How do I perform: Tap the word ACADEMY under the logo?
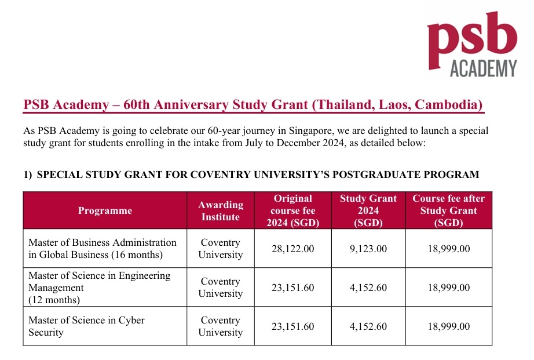[x=483, y=68]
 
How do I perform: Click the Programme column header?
[x=105, y=210]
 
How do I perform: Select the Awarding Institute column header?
[x=220, y=210]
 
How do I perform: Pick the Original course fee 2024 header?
[x=292, y=210]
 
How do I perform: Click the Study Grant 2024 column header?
[x=368, y=210]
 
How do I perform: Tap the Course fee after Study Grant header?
[x=448, y=210]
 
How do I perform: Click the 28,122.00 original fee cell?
[x=292, y=249]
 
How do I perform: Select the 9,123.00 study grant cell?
[x=368, y=249]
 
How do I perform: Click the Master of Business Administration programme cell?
[x=103, y=249]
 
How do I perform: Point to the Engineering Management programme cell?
[x=100, y=288]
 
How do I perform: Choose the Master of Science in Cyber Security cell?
[x=87, y=326]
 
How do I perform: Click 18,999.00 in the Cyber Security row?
[x=448, y=326]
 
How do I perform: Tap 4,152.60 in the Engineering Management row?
[x=368, y=288]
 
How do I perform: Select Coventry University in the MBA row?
[x=220, y=249]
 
